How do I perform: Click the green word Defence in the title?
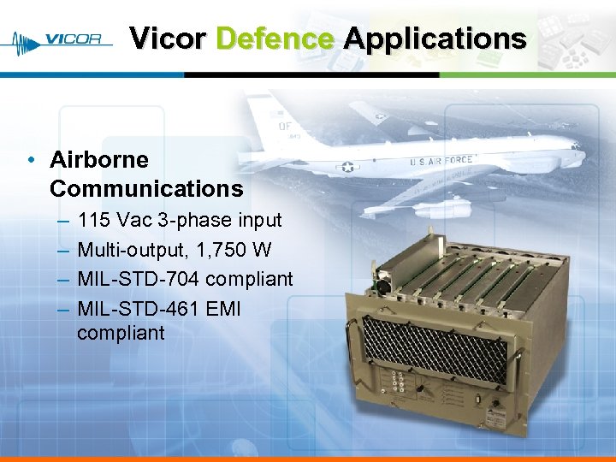pos(275,38)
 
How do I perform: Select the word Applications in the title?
pos(435,38)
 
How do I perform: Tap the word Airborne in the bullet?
pos(99,160)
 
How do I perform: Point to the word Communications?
pos(146,188)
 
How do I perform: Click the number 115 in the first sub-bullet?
pos(94,221)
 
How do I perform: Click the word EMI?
pos(224,308)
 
